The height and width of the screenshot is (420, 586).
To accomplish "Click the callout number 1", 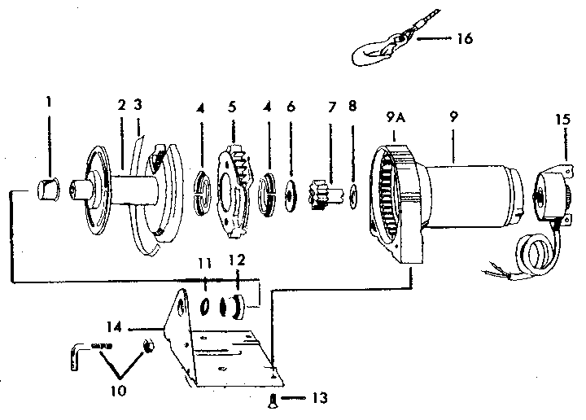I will pyautogui.click(x=49, y=103).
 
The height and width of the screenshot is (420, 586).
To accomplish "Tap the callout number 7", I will pyautogui.click(x=330, y=107).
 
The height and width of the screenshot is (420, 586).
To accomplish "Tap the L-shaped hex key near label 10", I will pyautogui.click(x=79, y=352).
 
